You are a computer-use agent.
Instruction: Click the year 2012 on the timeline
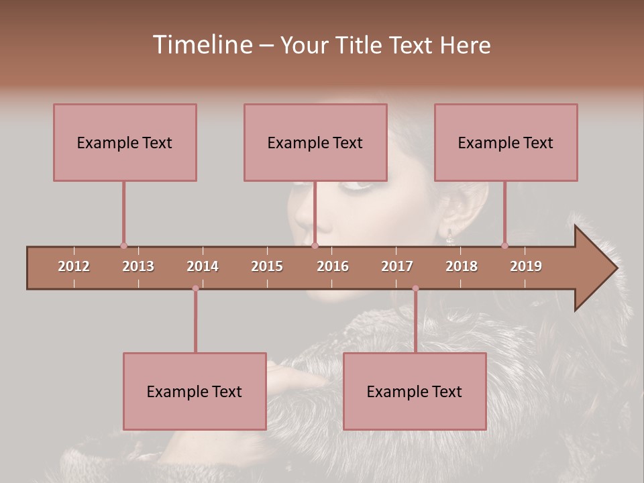(x=74, y=266)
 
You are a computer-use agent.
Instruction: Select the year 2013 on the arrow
(x=138, y=266)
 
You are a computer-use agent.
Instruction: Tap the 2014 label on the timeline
(x=203, y=266)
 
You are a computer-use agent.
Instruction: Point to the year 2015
(x=267, y=266)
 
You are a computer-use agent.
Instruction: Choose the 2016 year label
(x=333, y=266)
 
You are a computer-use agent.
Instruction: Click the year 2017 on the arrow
(x=397, y=266)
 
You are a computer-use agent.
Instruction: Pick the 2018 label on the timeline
(x=462, y=266)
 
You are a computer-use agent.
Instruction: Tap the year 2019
(x=526, y=266)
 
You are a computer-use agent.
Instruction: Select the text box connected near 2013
(x=125, y=142)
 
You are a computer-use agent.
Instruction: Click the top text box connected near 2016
(x=315, y=142)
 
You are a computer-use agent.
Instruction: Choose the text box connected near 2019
(x=506, y=142)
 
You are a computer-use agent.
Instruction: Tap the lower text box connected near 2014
(x=195, y=391)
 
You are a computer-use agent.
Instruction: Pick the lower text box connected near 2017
(x=415, y=391)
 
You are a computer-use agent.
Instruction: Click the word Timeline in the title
(x=201, y=45)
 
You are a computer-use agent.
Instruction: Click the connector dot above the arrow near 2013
(x=123, y=246)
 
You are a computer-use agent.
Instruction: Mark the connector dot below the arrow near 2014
(x=195, y=288)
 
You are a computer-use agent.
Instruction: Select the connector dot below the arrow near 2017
(x=415, y=288)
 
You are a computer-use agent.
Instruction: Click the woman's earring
(x=449, y=235)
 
